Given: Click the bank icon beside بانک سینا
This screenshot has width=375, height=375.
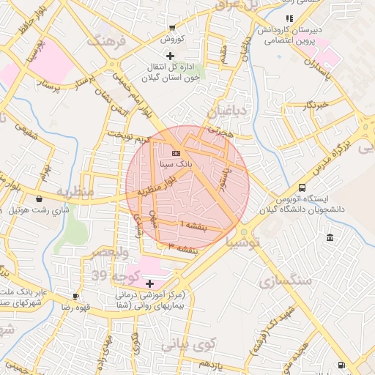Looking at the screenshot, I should [x=175, y=153].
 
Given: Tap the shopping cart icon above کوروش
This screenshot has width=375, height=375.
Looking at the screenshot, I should [x=171, y=27].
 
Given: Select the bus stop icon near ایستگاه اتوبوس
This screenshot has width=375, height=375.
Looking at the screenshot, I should [x=302, y=187].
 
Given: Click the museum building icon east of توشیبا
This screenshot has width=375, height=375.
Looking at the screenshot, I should [x=330, y=238].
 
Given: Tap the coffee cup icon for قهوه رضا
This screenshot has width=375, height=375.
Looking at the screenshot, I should [x=75, y=296].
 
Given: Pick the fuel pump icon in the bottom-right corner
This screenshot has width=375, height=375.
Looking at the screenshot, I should [x=341, y=365].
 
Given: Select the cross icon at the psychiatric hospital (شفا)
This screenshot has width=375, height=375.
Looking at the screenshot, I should [x=150, y=283].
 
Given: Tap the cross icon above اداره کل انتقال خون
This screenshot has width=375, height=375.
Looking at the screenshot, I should [x=171, y=56].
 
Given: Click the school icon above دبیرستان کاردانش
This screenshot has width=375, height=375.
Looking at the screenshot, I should [x=289, y=18].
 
